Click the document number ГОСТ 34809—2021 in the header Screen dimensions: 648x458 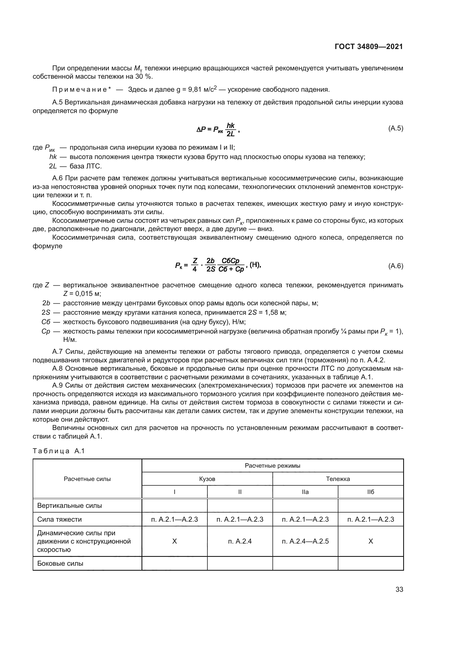(x=369, y=47)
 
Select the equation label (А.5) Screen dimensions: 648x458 (x=396, y=129)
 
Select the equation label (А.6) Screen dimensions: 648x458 (x=396, y=266)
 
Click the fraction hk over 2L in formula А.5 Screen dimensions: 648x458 (x=231, y=130)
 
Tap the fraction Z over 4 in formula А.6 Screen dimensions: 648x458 (x=195, y=265)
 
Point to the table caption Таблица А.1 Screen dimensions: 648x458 (x=59, y=451)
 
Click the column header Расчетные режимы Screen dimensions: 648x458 (x=272, y=465)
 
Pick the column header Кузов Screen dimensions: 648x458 (x=207, y=479)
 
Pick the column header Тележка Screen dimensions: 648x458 (x=338, y=479)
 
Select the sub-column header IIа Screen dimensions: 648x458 (x=305, y=492)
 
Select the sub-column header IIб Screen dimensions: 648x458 (x=370, y=492)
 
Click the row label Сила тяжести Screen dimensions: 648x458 (x=60, y=519)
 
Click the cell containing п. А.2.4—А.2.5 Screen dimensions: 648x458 (x=305, y=541)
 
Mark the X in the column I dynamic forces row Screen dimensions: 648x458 (x=174, y=541)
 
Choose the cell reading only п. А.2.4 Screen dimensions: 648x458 (x=240, y=541)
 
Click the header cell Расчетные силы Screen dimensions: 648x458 (x=87, y=479)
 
